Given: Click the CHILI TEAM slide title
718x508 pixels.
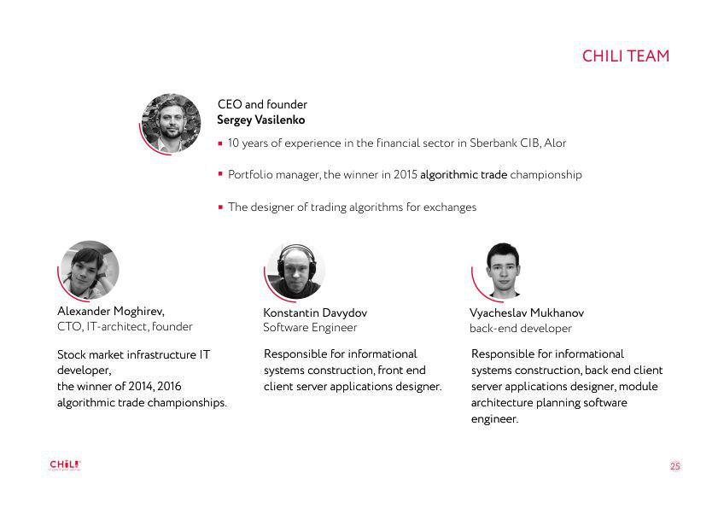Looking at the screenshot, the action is [626, 55].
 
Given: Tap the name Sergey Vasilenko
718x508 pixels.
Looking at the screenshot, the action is [261, 120].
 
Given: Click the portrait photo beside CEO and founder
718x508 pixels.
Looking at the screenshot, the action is [172, 123].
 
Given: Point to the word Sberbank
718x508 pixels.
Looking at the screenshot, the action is [493, 143].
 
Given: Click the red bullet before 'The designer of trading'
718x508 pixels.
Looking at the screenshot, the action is [221, 207].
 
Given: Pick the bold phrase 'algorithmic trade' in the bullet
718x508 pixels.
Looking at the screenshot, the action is [464, 174].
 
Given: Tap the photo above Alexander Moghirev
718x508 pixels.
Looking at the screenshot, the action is [90, 270].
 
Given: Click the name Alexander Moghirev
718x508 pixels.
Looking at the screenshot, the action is [111, 312].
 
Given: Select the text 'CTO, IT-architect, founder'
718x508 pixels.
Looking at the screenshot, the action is [125, 327].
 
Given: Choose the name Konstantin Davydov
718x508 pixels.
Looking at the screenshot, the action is [315, 312].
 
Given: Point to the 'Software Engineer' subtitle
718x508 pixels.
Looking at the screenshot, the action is [310, 328].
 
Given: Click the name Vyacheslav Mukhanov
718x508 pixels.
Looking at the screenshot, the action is [527, 312].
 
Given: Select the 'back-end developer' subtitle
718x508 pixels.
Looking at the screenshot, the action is [521, 329].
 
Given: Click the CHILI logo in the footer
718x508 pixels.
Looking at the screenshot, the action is [65, 465].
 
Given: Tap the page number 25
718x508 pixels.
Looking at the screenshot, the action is [675, 466].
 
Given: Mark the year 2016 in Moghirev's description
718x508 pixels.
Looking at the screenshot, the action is [169, 386].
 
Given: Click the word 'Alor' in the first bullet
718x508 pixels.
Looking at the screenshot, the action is [555, 143].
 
